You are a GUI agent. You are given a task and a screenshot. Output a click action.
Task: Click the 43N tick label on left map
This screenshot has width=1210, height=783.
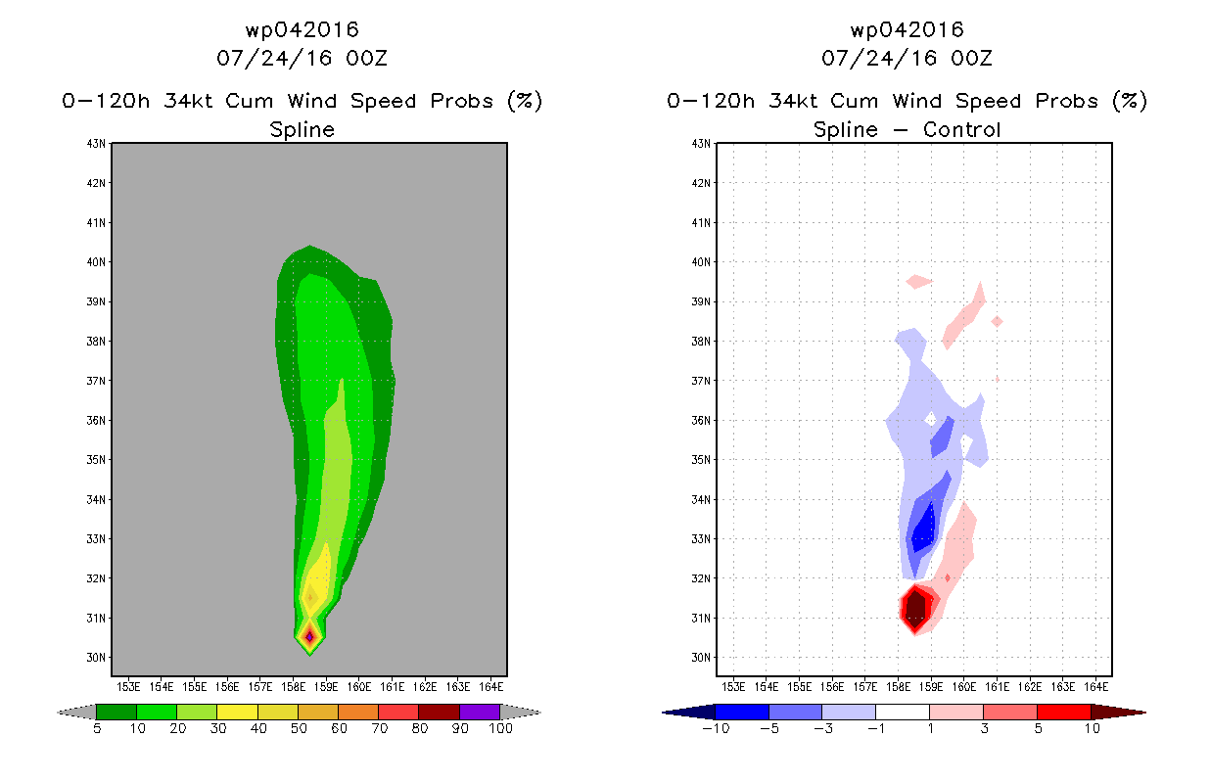96,144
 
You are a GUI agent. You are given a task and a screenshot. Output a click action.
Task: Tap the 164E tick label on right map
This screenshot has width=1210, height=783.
1096,687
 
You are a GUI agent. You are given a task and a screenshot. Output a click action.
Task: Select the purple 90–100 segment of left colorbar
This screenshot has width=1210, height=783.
480,712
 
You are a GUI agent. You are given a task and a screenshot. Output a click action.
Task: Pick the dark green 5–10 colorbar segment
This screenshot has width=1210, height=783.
116,712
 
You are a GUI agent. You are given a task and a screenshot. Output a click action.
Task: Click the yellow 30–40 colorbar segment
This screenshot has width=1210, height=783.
237,712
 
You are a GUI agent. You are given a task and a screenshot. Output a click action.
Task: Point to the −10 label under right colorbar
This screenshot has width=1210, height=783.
716,729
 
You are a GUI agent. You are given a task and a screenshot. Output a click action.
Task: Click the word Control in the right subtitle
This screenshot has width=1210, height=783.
961,130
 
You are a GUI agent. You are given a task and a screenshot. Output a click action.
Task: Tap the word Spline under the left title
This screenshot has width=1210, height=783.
302,130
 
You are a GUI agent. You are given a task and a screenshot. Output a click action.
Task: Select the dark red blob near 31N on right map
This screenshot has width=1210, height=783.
915,609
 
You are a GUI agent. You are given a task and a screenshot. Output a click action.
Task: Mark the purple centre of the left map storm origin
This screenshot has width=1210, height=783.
309,637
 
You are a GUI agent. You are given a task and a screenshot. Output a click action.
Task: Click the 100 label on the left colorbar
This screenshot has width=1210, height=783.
500,729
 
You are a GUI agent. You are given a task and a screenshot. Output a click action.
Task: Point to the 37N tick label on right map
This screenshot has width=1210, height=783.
701,381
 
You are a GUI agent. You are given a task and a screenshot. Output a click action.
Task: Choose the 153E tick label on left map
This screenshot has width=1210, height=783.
128,687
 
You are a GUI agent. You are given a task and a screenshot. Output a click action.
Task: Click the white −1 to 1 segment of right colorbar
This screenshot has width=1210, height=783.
902,712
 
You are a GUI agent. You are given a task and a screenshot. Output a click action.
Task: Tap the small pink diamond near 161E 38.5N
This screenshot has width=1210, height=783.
997,322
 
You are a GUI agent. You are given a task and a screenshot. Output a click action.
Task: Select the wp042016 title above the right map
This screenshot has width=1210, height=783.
907,30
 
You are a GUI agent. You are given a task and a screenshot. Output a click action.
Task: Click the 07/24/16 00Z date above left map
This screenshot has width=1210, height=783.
302,59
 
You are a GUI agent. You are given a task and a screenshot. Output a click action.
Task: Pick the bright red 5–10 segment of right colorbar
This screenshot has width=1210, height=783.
1063,712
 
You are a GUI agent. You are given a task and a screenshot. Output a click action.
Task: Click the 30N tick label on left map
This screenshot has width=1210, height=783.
96,658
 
